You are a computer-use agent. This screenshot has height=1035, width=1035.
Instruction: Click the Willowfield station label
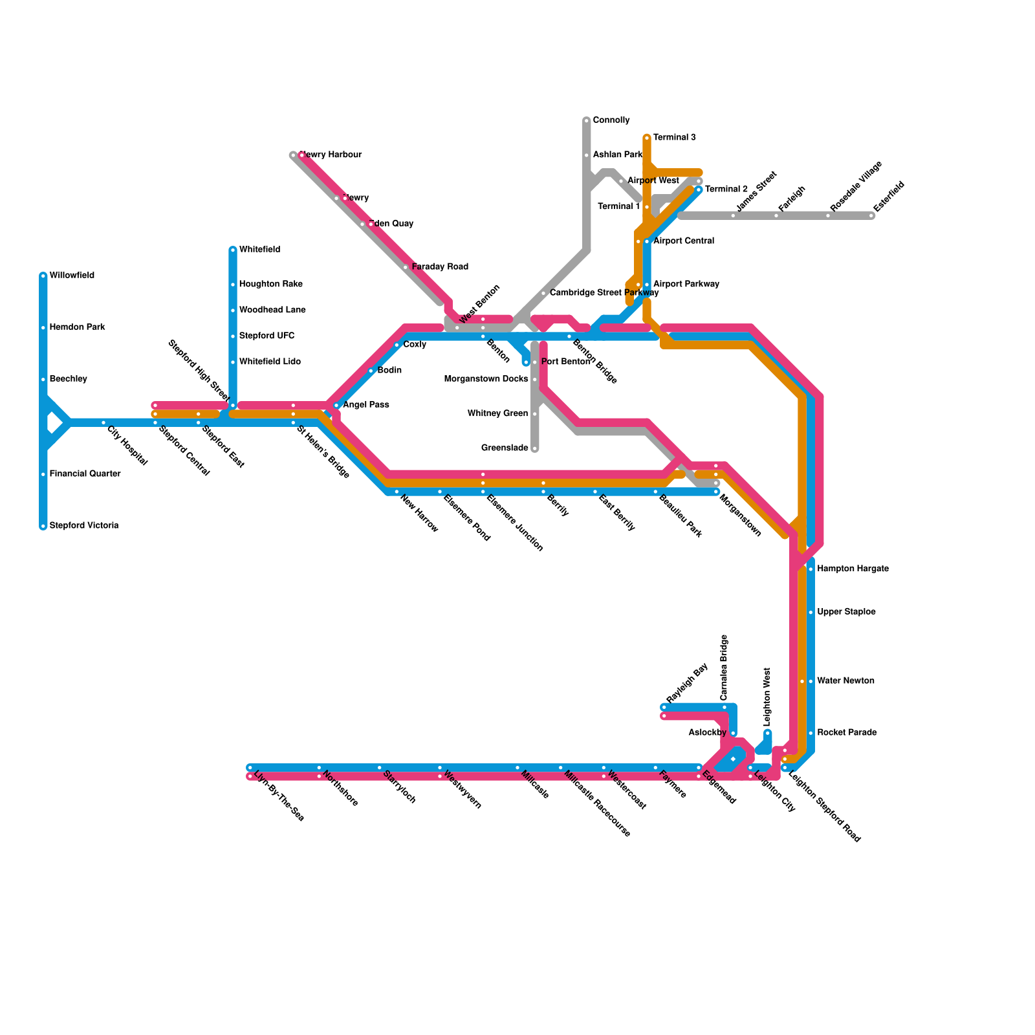pos(72,276)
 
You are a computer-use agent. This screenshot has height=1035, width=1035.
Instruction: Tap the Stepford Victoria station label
pos(84,526)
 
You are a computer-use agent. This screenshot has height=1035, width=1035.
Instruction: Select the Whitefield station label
pos(259,250)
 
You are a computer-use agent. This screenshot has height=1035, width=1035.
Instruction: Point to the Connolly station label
pos(611,120)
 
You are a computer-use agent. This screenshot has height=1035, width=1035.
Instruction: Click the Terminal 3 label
pos(675,138)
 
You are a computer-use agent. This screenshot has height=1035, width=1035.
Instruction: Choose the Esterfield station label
pos(889,196)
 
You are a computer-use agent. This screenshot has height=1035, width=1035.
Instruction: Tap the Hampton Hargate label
pos(853,569)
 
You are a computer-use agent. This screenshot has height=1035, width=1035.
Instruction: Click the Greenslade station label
pos(505,448)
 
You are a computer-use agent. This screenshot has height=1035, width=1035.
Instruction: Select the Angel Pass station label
pos(365,405)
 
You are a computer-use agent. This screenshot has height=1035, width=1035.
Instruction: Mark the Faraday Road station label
pos(440,267)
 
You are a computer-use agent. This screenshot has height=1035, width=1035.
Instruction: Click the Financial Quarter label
pos(85,474)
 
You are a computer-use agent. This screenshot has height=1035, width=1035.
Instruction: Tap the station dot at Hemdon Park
pos(43,328)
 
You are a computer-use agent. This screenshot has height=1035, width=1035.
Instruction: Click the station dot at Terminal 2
pos(699,190)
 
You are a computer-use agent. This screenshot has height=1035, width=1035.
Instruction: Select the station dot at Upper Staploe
pos(811,613)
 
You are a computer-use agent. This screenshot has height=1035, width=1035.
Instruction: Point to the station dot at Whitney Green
pos(535,414)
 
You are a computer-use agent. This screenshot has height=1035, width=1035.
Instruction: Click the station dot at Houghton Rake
pos(233,285)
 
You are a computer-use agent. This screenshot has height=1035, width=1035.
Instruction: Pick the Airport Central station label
pos(684,241)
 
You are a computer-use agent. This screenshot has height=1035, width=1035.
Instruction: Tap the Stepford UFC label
pos(267,336)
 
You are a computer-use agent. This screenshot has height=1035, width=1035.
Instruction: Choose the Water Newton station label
pos(845,681)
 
